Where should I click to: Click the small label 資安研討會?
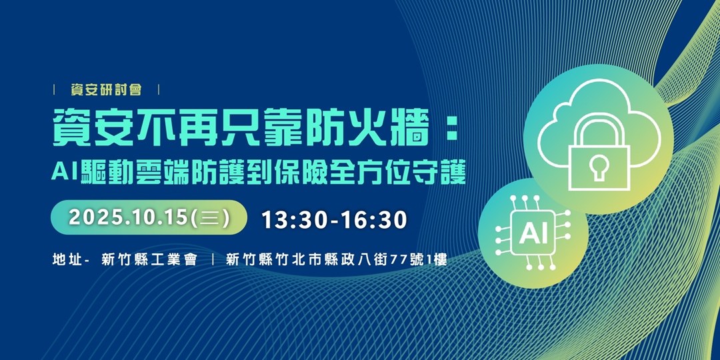106,90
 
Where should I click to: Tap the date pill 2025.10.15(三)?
149,218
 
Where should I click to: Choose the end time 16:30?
374,219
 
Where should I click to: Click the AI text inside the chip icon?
533,233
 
